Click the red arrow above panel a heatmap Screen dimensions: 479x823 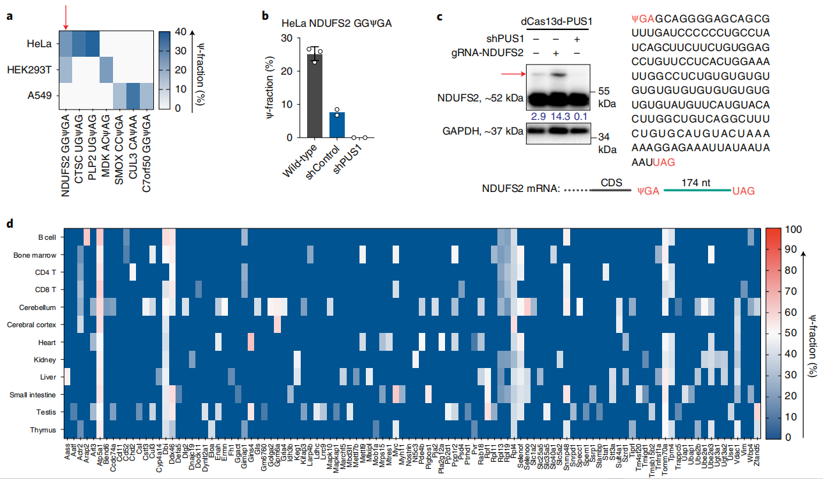pos(65,20)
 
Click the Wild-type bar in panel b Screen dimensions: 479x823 pos(314,96)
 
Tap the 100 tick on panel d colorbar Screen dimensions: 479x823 pos(786,229)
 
